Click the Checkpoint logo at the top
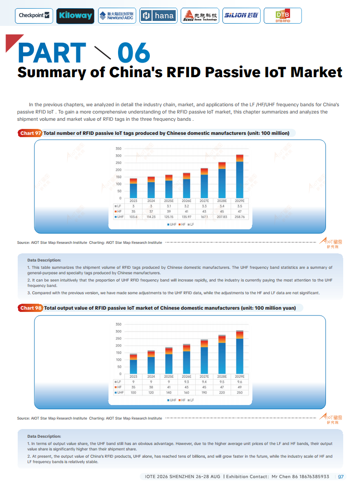coord(34,15)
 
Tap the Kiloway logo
coord(75,15)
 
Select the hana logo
coord(158,15)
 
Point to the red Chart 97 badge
coord(30,133)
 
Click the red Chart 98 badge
coord(30,308)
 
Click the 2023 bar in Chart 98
coord(133,363)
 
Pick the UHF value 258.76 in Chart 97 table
coord(239,217)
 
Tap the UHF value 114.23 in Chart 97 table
coord(151,217)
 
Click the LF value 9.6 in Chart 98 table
coord(239,382)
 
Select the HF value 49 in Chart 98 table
coord(239,387)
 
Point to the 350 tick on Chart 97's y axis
coord(118,148)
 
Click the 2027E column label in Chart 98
coord(204,376)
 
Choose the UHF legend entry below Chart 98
coord(172,400)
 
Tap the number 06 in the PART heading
coord(133,53)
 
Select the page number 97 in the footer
coord(341,477)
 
